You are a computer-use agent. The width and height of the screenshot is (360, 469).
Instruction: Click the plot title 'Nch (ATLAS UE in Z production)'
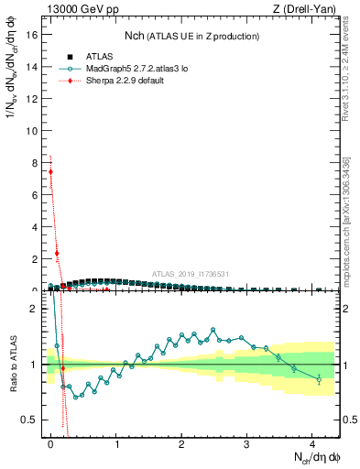(x=192, y=36)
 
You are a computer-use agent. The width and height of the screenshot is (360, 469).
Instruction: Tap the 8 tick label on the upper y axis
(x=35, y=162)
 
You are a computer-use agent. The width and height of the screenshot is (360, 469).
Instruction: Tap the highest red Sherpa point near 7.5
(x=50, y=171)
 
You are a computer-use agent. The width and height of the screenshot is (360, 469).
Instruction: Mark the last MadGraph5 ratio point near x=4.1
(x=319, y=378)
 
